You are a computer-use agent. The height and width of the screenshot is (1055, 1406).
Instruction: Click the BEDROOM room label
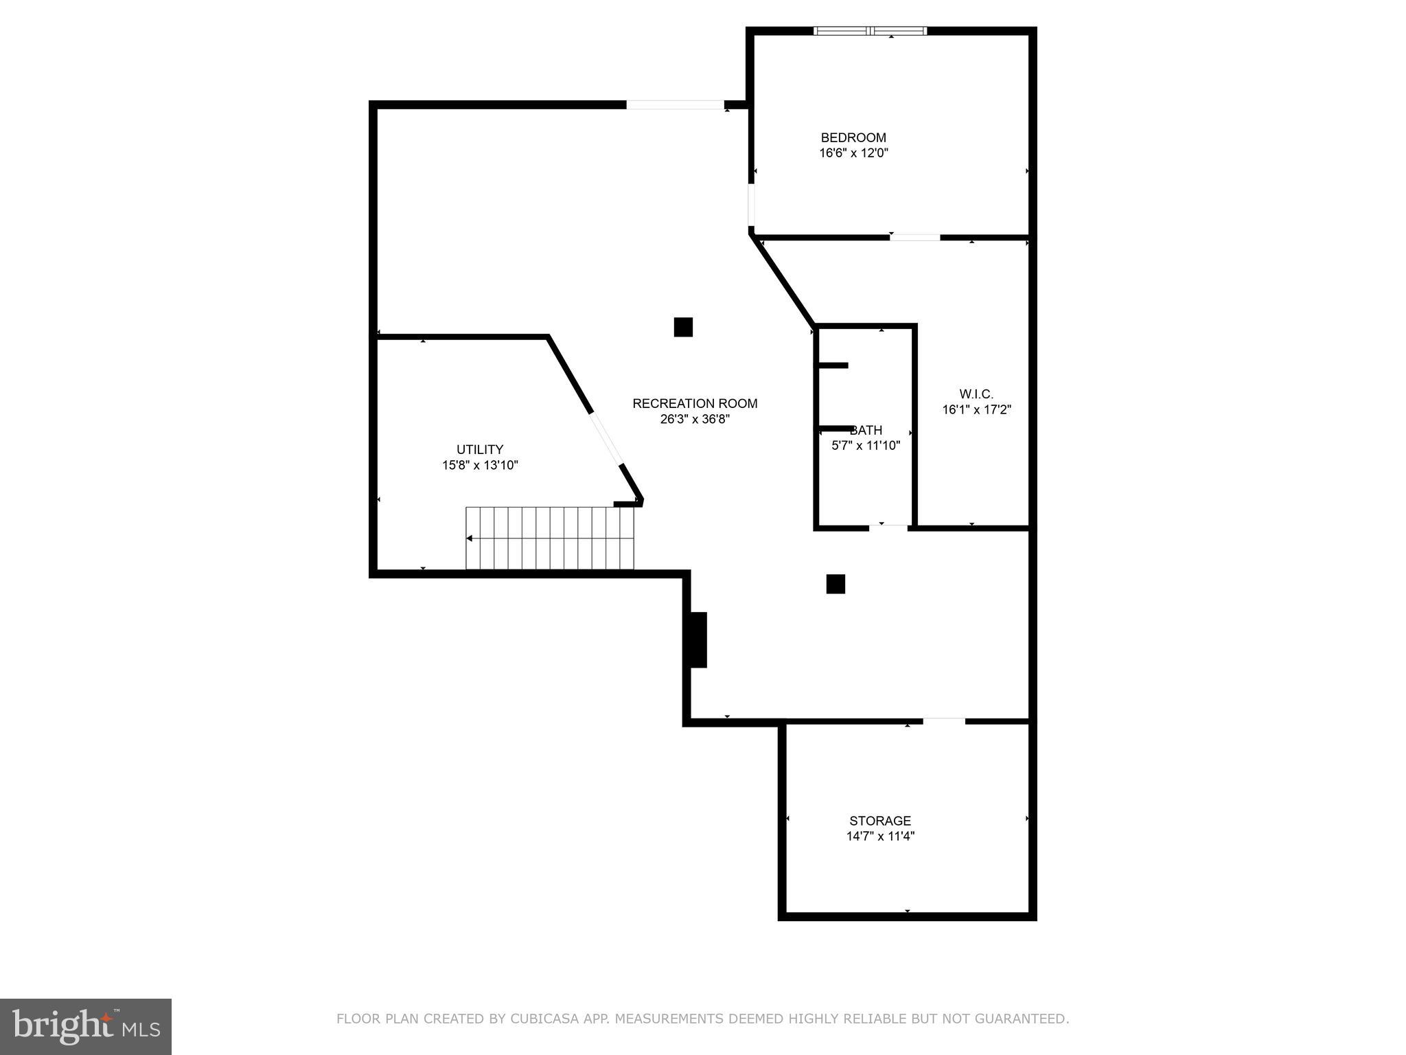pos(853,137)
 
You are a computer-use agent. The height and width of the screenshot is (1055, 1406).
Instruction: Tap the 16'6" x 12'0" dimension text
pos(853,153)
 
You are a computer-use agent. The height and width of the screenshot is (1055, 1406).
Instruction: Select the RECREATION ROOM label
pos(695,404)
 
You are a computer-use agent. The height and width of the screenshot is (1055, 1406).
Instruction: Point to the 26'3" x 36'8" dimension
pos(695,419)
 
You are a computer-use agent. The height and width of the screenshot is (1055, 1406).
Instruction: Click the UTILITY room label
pos(480,450)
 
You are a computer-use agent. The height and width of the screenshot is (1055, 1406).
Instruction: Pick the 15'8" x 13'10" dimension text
pos(480,466)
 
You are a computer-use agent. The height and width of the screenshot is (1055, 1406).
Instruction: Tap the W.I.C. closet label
pos(976,394)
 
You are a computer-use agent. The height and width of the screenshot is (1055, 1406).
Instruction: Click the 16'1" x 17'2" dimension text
pos(976,410)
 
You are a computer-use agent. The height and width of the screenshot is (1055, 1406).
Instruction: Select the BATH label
pos(866,431)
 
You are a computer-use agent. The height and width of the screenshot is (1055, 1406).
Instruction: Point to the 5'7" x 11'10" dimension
pos(866,446)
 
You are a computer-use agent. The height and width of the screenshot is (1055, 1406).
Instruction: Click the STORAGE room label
pos(880,821)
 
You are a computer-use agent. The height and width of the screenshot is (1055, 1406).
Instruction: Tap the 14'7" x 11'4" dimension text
pos(880,837)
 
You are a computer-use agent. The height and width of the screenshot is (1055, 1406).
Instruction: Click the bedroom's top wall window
pos(870,31)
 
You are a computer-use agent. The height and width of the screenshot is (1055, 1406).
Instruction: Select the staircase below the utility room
pos(549,538)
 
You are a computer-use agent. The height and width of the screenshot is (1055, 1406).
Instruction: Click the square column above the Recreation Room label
pos(683,327)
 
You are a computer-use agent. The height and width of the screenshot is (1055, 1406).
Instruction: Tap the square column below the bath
pos(835,584)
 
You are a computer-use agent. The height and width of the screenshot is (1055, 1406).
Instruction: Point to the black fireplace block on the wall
pos(698,639)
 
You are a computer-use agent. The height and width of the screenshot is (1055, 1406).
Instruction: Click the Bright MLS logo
pos(86,1027)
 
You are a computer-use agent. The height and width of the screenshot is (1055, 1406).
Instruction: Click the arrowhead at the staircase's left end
pos(470,538)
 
